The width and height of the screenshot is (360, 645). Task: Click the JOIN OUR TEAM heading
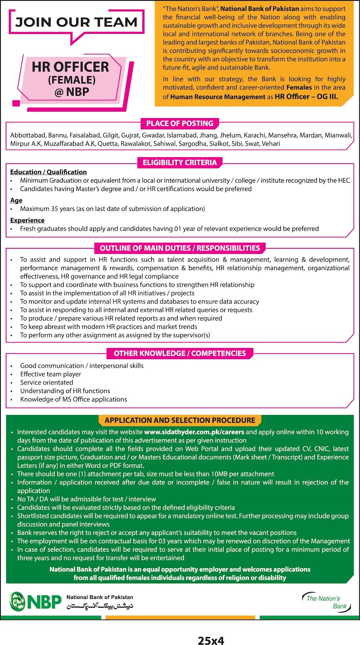coord(76,22)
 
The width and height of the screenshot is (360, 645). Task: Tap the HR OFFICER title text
coord(71,67)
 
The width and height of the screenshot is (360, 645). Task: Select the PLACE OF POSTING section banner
coord(180,123)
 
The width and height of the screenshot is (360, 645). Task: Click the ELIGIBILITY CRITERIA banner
coord(180,162)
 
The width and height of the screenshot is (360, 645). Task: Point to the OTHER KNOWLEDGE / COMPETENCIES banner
coord(180,353)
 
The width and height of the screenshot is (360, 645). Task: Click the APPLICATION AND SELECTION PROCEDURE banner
coord(180,420)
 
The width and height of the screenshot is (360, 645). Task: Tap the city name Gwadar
coord(153,135)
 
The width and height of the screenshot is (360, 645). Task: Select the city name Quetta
coord(108,144)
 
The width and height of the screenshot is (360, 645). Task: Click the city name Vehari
coord(271,144)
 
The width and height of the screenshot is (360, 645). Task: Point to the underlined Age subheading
coord(16,200)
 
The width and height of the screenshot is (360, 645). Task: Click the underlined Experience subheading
coord(27,220)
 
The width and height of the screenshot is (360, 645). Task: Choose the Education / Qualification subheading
coord(48,172)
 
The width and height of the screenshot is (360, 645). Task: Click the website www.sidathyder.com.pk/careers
coord(194,432)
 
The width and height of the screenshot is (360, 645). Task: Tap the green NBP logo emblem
coord(17,601)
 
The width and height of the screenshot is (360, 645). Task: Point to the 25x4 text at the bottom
coord(211,641)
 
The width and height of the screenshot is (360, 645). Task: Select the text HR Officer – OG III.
coord(306,96)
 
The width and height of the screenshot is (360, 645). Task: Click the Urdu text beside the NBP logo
coord(100,606)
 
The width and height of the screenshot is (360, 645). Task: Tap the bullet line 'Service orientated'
coord(47,383)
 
